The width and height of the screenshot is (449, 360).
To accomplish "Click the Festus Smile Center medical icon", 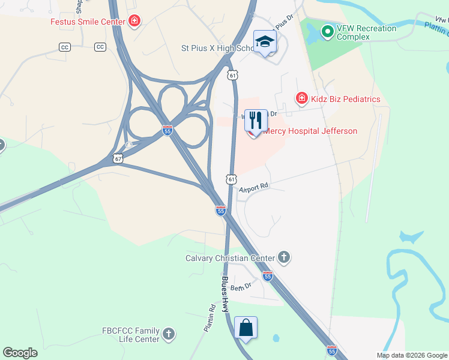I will tap(134, 22).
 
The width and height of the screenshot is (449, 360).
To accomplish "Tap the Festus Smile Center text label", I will tap(88, 22).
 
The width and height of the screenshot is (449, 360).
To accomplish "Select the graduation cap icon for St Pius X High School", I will tap(264, 41).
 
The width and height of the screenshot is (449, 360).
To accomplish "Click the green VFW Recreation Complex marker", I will tap(327, 31).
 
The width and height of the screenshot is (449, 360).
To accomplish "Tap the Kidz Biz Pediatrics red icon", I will tap(301, 98).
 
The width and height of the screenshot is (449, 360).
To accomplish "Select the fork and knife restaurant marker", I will tap(256, 120).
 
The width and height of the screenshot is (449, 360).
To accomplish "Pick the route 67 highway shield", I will tap(118, 159).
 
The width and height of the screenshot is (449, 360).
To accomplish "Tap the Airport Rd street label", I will tap(253, 188).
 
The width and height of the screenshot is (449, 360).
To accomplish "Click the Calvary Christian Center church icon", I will tap(284, 258).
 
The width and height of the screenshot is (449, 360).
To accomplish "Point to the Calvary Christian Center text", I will tap(230, 258).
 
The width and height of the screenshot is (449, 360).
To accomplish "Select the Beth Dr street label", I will tap(240, 286).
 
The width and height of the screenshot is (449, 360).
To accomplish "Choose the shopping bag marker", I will tap(246, 328).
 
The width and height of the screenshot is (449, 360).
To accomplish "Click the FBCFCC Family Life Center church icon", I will tap(169, 334).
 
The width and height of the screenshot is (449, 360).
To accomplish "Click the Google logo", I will tap(20, 353).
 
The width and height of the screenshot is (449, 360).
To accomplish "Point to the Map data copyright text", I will tap(411, 355).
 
